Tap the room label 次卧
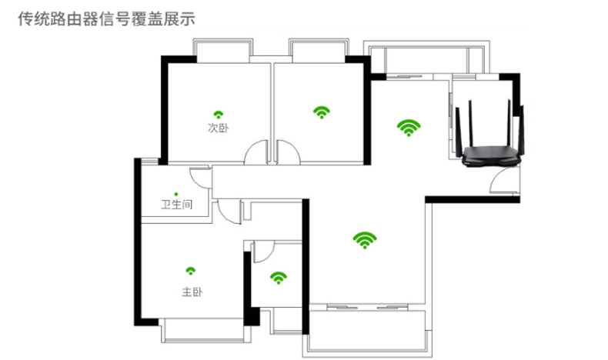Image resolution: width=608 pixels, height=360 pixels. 218,128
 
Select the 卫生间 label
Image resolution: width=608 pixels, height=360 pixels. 176,205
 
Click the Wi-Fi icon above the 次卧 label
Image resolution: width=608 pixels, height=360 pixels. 218,113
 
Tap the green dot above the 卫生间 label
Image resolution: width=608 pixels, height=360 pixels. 176,193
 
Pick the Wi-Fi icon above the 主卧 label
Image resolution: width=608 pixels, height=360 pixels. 191,271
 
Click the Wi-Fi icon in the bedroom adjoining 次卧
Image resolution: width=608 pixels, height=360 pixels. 321,112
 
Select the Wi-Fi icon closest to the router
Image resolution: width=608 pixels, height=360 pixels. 409,127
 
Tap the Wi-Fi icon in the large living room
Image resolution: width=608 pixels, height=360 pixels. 364,240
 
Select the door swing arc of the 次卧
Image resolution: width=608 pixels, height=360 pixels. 256,152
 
